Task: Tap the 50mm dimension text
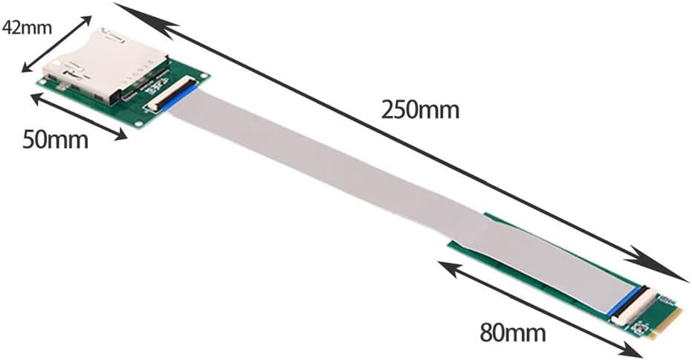tap(54, 139)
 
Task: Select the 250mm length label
tap(421, 109)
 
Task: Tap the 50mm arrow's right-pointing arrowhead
tap(120, 135)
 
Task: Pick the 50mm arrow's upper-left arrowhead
tap(36, 97)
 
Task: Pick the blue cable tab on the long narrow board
tap(624, 301)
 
